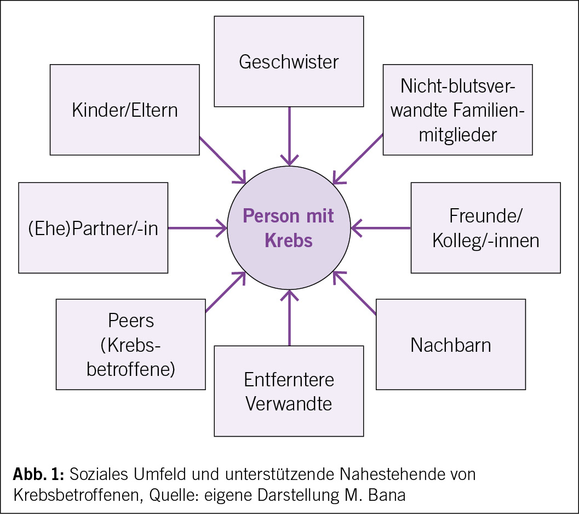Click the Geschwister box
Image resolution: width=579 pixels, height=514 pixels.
point(289,61)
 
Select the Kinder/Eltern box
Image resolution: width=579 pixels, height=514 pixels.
point(125,110)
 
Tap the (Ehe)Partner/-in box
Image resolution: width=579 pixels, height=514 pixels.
point(93,228)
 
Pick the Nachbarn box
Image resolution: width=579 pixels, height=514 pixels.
point(450,344)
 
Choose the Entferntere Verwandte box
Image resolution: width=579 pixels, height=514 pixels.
point(289,391)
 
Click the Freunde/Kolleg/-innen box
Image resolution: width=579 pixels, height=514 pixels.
point(485,228)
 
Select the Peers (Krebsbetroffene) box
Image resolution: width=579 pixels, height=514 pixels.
point(131,344)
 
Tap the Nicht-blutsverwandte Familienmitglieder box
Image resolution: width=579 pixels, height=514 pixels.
point(457,110)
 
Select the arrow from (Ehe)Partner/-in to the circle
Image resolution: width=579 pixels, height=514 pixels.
point(197,228)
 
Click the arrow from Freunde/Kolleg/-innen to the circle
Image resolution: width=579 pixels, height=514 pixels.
point(381,228)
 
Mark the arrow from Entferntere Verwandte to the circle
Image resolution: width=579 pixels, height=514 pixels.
point(289,318)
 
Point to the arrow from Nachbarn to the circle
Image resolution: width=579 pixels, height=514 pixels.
point(355,293)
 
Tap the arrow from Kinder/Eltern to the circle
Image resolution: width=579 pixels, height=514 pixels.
point(222,159)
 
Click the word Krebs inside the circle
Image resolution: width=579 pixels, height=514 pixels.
point(289,240)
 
